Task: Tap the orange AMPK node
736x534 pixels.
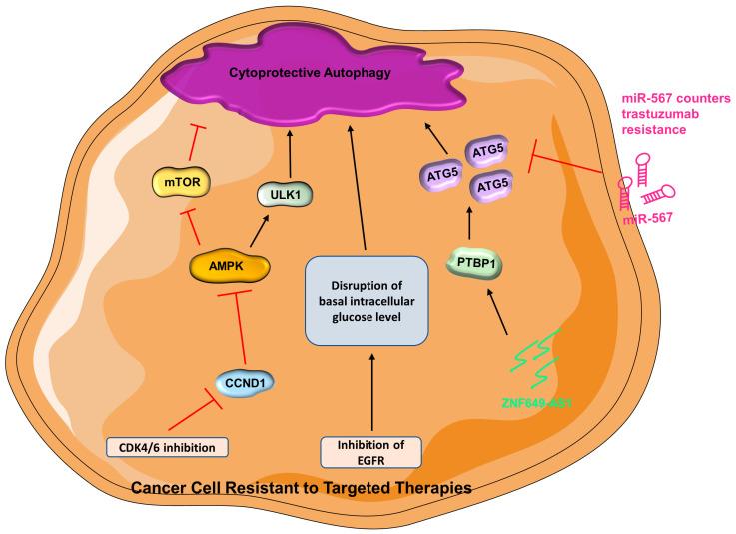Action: pyautogui.click(x=231, y=267)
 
